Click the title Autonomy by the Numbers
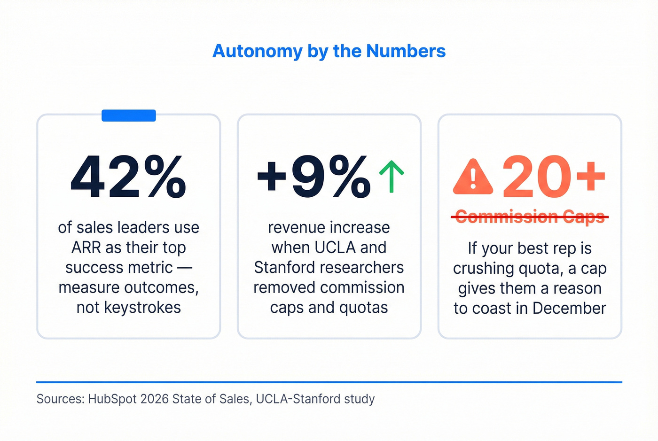click(329, 51)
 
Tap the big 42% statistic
click(128, 178)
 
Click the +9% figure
click(313, 178)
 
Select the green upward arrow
click(392, 177)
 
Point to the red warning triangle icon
click(473, 178)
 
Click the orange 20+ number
click(553, 177)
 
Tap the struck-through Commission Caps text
click(530, 217)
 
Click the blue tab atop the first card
click(128, 116)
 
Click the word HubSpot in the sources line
click(112, 399)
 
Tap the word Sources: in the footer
click(60, 399)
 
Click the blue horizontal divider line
click(329, 382)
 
